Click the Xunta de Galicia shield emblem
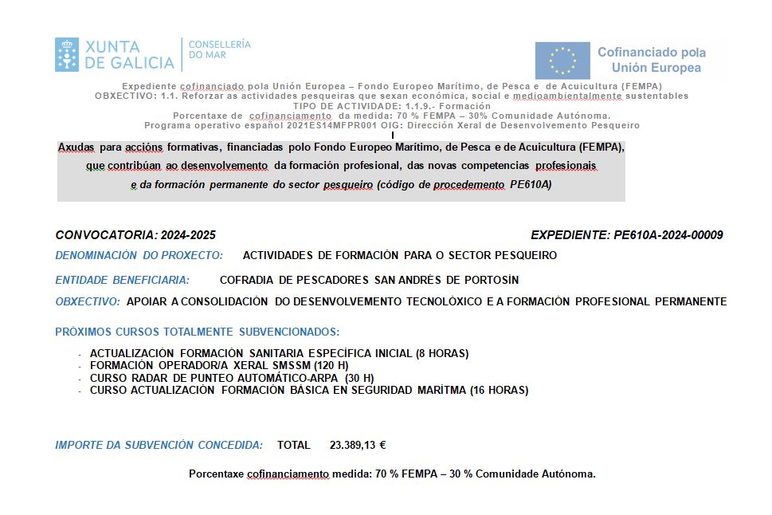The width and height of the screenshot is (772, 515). click(67, 54)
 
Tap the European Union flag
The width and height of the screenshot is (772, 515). click(562, 61)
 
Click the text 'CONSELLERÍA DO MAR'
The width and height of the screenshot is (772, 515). click(219, 49)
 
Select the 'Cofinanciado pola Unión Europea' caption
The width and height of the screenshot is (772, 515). click(651, 60)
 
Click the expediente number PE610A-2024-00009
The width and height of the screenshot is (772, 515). click(668, 235)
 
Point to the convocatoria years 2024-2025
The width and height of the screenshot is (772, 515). click(188, 235)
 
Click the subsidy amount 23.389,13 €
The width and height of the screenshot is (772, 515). click(358, 445)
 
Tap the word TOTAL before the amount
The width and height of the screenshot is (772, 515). click(294, 445)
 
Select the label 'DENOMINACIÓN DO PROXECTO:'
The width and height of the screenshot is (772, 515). click(138, 256)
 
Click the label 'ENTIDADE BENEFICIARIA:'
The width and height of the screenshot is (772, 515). click(122, 280)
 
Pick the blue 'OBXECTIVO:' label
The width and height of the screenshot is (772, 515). click(88, 301)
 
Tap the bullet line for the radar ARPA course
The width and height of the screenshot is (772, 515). click(232, 378)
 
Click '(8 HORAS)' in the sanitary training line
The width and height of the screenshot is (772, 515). click(442, 353)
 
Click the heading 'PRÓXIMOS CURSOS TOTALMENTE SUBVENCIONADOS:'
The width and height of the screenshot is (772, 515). click(197, 332)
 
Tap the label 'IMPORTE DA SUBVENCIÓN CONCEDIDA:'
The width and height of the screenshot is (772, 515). click(159, 445)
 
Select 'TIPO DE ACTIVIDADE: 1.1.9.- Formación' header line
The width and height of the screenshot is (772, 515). click(391, 106)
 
